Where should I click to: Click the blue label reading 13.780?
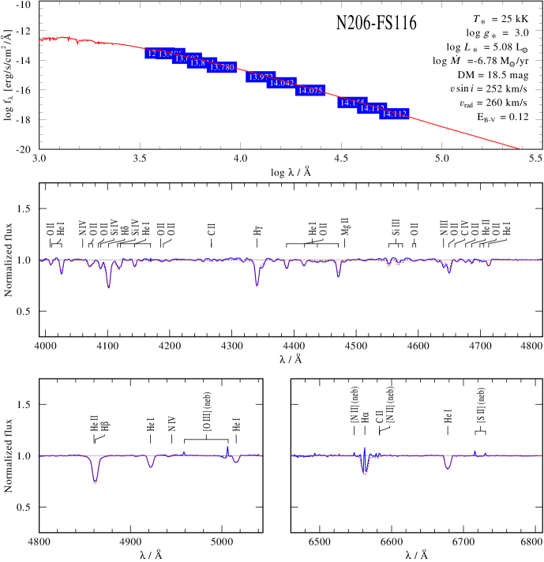pyautogui.click(x=222, y=68)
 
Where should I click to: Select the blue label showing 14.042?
pyautogui.click(x=282, y=83)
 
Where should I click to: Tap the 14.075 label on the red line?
pyautogui.click(x=310, y=91)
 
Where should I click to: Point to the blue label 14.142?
pyautogui.click(x=394, y=114)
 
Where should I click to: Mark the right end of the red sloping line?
pyautogui.click(x=520, y=148)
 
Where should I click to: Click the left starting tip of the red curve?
pyautogui.click(x=40, y=39)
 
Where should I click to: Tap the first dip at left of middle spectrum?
pyautogui.click(x=62, y=272)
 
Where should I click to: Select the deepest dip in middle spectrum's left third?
pyautogui.click(x=108, y=285)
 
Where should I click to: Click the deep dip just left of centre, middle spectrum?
pyautogui.click(x=257, y=284)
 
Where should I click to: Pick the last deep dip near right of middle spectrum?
pyautogui.click(x=448, y=271)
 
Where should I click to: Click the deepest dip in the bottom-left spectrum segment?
pyautogui.click(x=96, y=481)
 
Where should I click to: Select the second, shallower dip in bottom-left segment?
pyautogui.click(x=151, y=466)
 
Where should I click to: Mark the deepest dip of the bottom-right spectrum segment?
pyautogui.click(x=365, y=472)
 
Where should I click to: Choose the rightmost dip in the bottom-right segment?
pyautogui.click(x=448, y=467)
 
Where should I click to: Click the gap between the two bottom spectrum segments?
pyautogui.click(x=276, y=455)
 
